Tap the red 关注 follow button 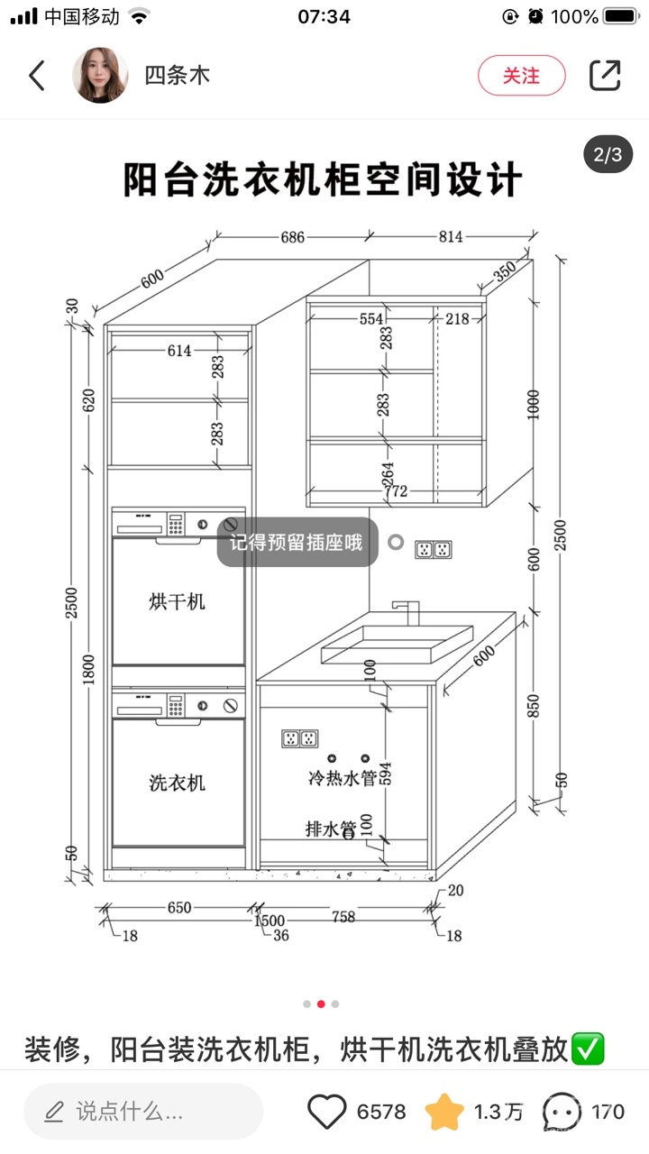[521, 76]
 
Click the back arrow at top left [37, 76]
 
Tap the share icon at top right [605, 76]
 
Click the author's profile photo [99, 76]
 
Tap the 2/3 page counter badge [608, 154]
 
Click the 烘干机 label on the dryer [177, 601]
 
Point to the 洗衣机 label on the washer [177, 783]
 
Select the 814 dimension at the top [451, 237]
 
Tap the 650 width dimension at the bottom [179, 907]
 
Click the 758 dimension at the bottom [343, 917]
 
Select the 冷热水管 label [342, 777]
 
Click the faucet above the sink [407, 612]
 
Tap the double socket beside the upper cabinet [433, 548]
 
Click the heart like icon [327, 1112]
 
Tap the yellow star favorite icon [444, 1112]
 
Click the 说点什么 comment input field [142, 1112]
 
